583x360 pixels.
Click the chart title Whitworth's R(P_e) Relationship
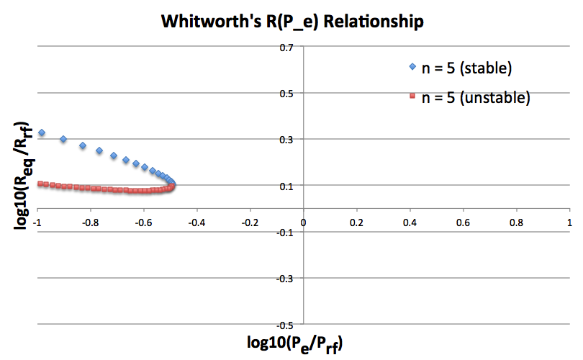point(291,22)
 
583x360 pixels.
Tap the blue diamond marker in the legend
point(412,68)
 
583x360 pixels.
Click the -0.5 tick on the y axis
point(287,323)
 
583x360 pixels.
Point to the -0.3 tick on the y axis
point(287,277)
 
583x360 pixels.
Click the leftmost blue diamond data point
point(42,133)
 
